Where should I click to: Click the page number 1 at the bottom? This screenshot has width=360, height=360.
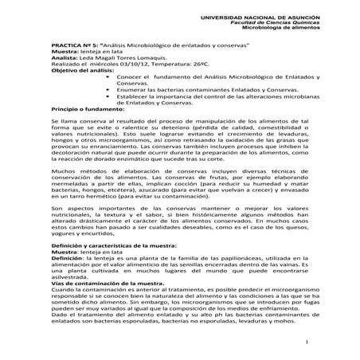(307, 341)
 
